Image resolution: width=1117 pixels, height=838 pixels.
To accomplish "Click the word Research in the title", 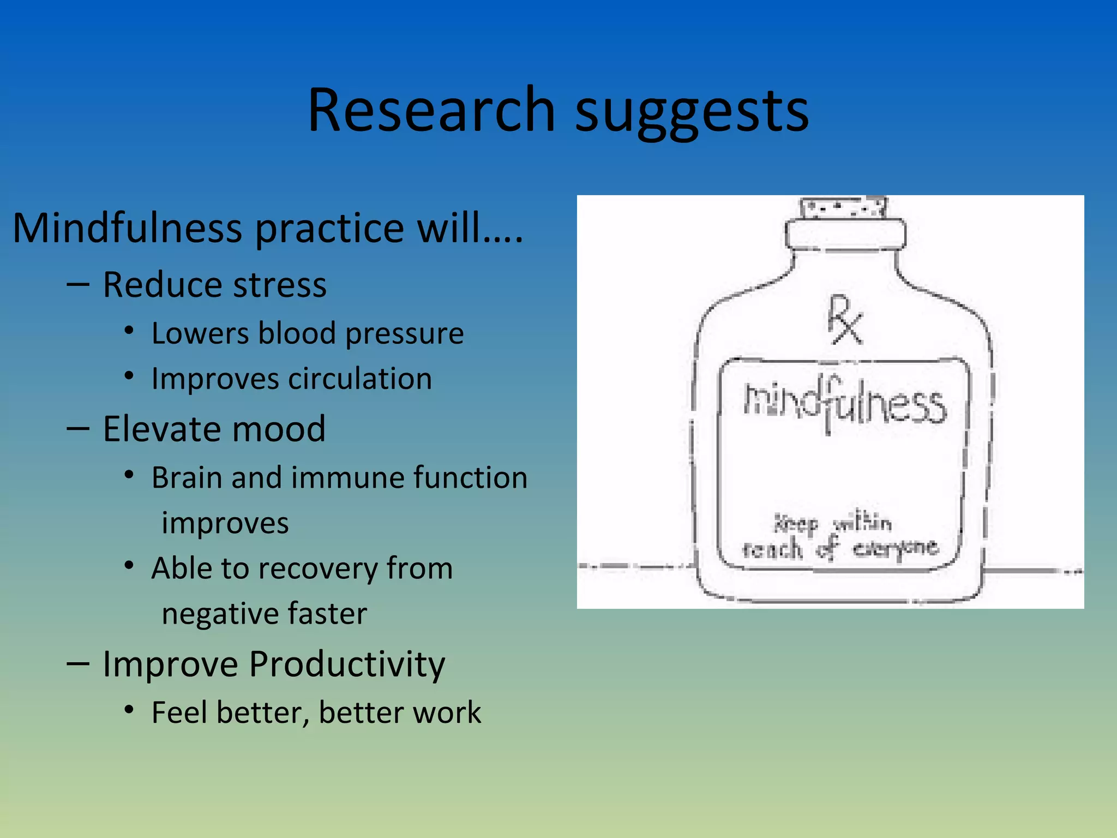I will coord(431,110).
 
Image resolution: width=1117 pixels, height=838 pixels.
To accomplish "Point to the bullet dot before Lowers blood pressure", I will coord(129,331).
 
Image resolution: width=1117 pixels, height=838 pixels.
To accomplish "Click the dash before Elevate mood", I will coord(77,429).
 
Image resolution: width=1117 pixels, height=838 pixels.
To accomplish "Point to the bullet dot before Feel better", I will coord(129,710).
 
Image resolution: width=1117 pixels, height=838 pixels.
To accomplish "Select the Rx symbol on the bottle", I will coord(844,320).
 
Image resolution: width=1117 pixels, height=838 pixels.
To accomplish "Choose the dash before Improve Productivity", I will coord(77,664).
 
